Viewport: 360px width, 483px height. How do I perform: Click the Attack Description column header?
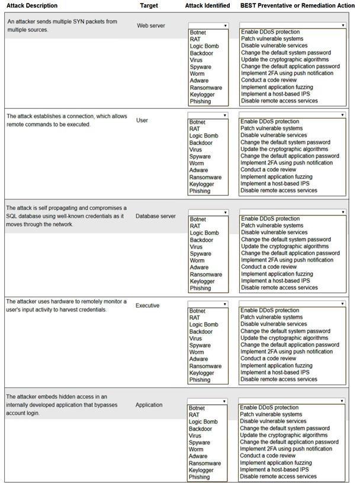(32, 5)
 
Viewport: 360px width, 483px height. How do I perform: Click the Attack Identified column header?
(207, 5)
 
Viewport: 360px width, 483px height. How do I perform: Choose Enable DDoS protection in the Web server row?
(270, 32)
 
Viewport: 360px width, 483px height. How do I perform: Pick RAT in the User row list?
(195, 129)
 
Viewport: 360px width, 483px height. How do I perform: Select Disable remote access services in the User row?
(279, 191)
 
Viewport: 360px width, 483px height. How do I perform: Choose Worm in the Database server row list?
(197, 260)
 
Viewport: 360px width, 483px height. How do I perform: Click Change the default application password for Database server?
(290, 253)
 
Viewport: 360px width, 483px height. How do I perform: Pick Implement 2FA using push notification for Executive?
(287, 352)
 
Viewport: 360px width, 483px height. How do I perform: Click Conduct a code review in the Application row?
(268, 456)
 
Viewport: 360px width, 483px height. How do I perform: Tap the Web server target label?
(151, 26)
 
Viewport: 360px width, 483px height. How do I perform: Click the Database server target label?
(155, 216)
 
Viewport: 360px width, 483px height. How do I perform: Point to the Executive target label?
(147, 305)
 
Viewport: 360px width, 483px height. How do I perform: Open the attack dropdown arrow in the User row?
(225, 115)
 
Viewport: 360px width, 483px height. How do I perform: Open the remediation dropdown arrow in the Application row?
(342, 401)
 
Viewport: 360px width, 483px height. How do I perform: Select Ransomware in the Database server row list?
(205, 275)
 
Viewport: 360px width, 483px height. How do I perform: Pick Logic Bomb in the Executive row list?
(204, 324)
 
